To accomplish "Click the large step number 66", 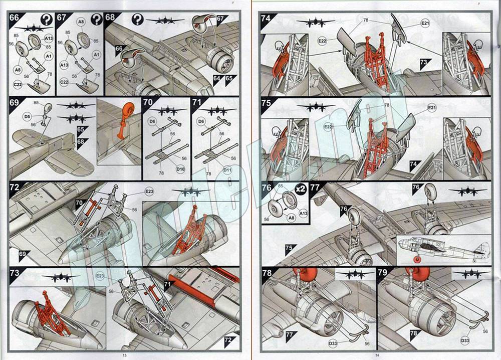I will tap(15, 18).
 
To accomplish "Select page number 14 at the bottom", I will tap(376, 355).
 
